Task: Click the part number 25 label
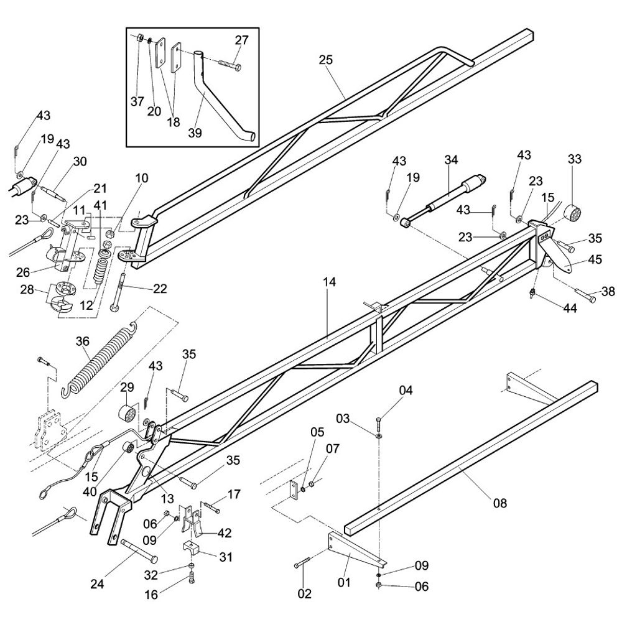click(326, 60)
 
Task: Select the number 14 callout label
click(329, 282)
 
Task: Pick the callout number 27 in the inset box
click(241, 40)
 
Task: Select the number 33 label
click(574, 159)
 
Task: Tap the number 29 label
click(127, 388)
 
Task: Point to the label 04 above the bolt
click(406, 391)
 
